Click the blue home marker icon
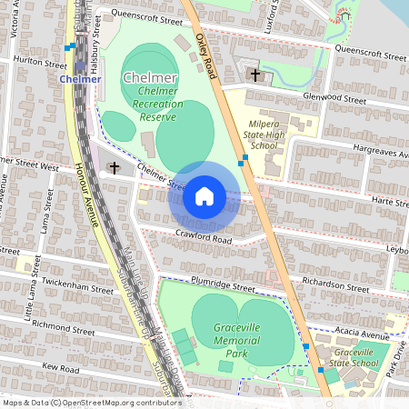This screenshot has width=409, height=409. coord(204,195)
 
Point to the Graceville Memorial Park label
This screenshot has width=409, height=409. coord(244,339)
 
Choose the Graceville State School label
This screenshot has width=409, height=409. coord(355,356)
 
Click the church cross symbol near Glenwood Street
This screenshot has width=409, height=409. coord(255,75)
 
